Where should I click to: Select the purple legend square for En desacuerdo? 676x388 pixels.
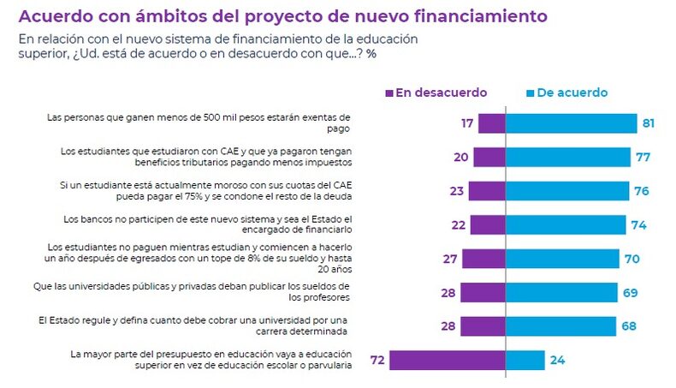(389, 93)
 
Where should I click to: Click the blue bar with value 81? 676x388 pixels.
(572, 123)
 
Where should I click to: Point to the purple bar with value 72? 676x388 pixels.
(447, 360)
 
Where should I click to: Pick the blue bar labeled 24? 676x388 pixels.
(525, 360)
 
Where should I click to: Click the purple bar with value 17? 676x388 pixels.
(491, 123)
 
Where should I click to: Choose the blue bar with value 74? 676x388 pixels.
(566, 224)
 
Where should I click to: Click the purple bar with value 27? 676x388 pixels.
(483, 259)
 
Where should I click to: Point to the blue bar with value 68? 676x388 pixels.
(560, 326)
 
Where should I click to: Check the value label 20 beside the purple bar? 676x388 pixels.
(460, 157)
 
